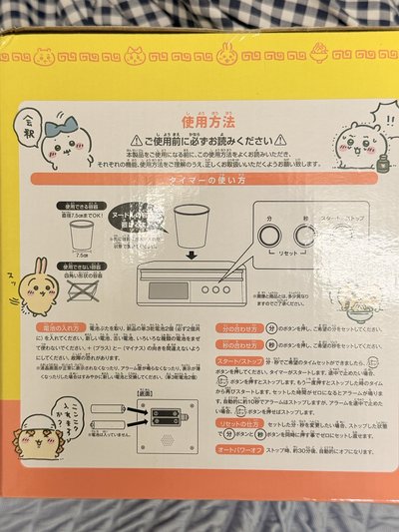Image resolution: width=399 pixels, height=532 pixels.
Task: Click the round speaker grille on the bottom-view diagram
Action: click(177, 440)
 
